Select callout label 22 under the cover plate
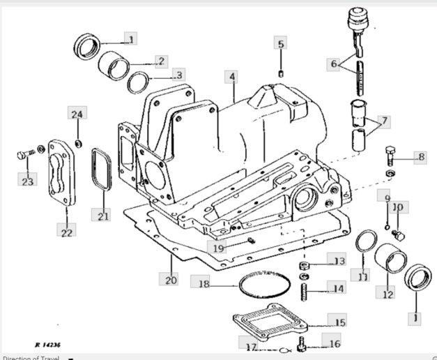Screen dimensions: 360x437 (x=66, y=231)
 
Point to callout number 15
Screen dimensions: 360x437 (x=337, y=322)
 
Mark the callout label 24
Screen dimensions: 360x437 (x=77, y=113)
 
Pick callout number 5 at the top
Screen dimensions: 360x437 (x=281, y=43)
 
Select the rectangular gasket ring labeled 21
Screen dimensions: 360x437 (x=102, y=172)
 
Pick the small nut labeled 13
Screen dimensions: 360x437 (x=305, y=268)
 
